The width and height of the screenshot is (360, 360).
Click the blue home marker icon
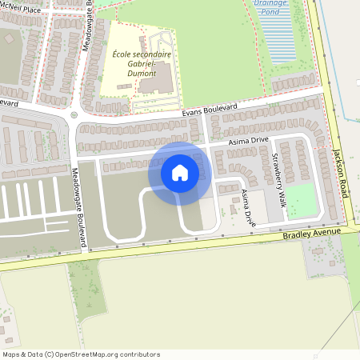(x=180, y=173)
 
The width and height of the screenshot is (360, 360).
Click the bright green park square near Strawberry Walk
(x=301, y=201)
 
